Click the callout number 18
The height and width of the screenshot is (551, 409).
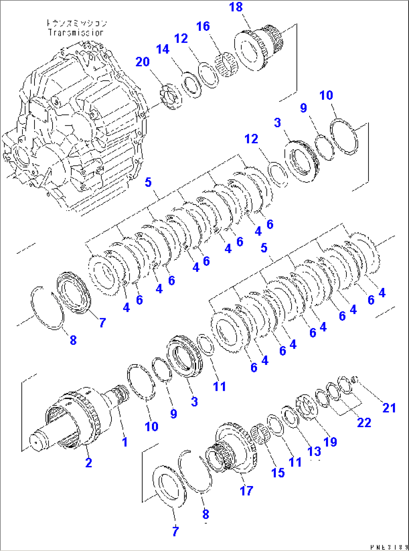coord(236,7)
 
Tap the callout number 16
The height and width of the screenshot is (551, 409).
coord(203,26)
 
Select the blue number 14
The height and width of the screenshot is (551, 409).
coord(162,49)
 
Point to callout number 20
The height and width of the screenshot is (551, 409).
coord(142,62)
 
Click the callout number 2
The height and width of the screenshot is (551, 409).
coord(89,462)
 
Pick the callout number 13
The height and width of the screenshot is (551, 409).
coord(314,452)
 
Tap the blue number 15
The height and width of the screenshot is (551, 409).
coord(278,473)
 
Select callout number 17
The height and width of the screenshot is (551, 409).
coord(246,491)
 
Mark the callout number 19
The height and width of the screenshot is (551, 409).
coord(330,442)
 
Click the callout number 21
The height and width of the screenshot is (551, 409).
coord(389,408)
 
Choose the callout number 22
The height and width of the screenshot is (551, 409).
coord(364,423)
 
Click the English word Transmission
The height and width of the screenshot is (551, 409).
coord(75,33)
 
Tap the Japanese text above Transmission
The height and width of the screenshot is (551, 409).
coord(77,23)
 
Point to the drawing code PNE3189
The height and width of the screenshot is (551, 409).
coord(389,547)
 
